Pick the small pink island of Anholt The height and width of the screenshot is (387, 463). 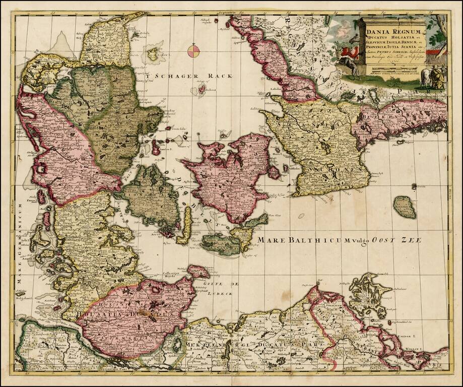pos(202,89)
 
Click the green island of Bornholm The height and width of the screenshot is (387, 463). pos(405,207)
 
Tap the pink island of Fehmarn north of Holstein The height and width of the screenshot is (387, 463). pos(198,271)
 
